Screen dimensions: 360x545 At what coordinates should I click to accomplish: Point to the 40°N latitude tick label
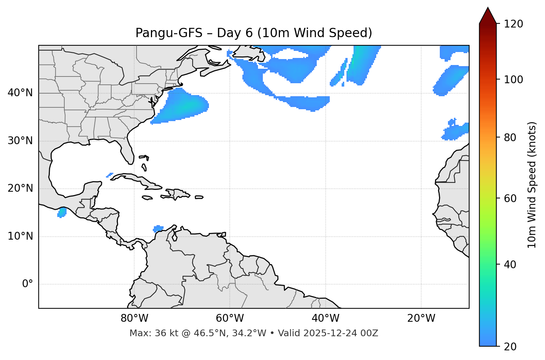[x=20, y=93]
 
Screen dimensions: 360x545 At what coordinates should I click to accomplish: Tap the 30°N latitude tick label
[x=20, y=141]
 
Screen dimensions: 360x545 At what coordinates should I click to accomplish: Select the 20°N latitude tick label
[x=20, y=188]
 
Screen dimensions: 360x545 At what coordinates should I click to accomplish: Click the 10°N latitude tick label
[x=20, y=236]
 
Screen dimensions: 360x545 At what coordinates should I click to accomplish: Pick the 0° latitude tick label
[x=27, y=284]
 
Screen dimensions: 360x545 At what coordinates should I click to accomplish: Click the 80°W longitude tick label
[x=134, y=318]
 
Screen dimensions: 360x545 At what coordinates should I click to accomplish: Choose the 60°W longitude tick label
[x=230, y=318]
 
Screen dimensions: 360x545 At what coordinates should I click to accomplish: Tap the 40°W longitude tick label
[x=325, y=318]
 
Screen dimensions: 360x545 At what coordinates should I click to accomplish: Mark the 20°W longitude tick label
[x=421, y=318]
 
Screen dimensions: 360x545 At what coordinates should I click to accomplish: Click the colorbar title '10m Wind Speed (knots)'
[x=532, y=185]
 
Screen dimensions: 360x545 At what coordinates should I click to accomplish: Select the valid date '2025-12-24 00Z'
[x=341, y=333]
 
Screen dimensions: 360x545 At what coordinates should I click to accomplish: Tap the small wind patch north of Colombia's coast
[x=158, y=228]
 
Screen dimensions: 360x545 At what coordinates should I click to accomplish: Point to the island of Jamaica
[x=148, y=198]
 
